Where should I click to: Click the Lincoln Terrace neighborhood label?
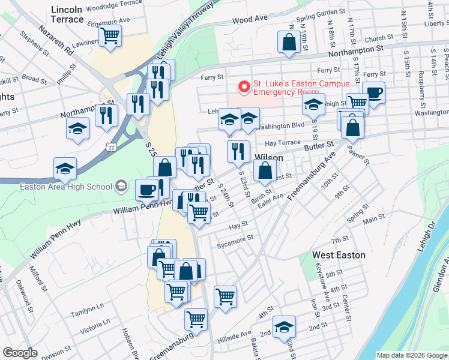coord(67,14)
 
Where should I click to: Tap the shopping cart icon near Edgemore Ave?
coord(110,36)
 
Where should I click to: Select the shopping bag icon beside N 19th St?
coord(289,42)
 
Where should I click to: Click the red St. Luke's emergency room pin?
coord(244,87)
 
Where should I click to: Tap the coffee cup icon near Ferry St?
coord(373,93)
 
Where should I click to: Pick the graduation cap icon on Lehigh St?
coord(313,105)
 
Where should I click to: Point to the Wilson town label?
coord(268,157)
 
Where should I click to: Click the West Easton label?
coord(339,255)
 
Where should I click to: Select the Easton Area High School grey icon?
coord(122,186)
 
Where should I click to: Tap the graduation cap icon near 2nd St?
coord(284,327)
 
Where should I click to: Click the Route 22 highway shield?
coord(110,146)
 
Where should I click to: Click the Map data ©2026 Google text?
coord(411,355)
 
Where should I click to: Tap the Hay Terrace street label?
coord(282,143)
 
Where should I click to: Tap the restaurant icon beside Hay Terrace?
coord(239,152)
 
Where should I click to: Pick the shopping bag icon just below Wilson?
coord(265,172)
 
